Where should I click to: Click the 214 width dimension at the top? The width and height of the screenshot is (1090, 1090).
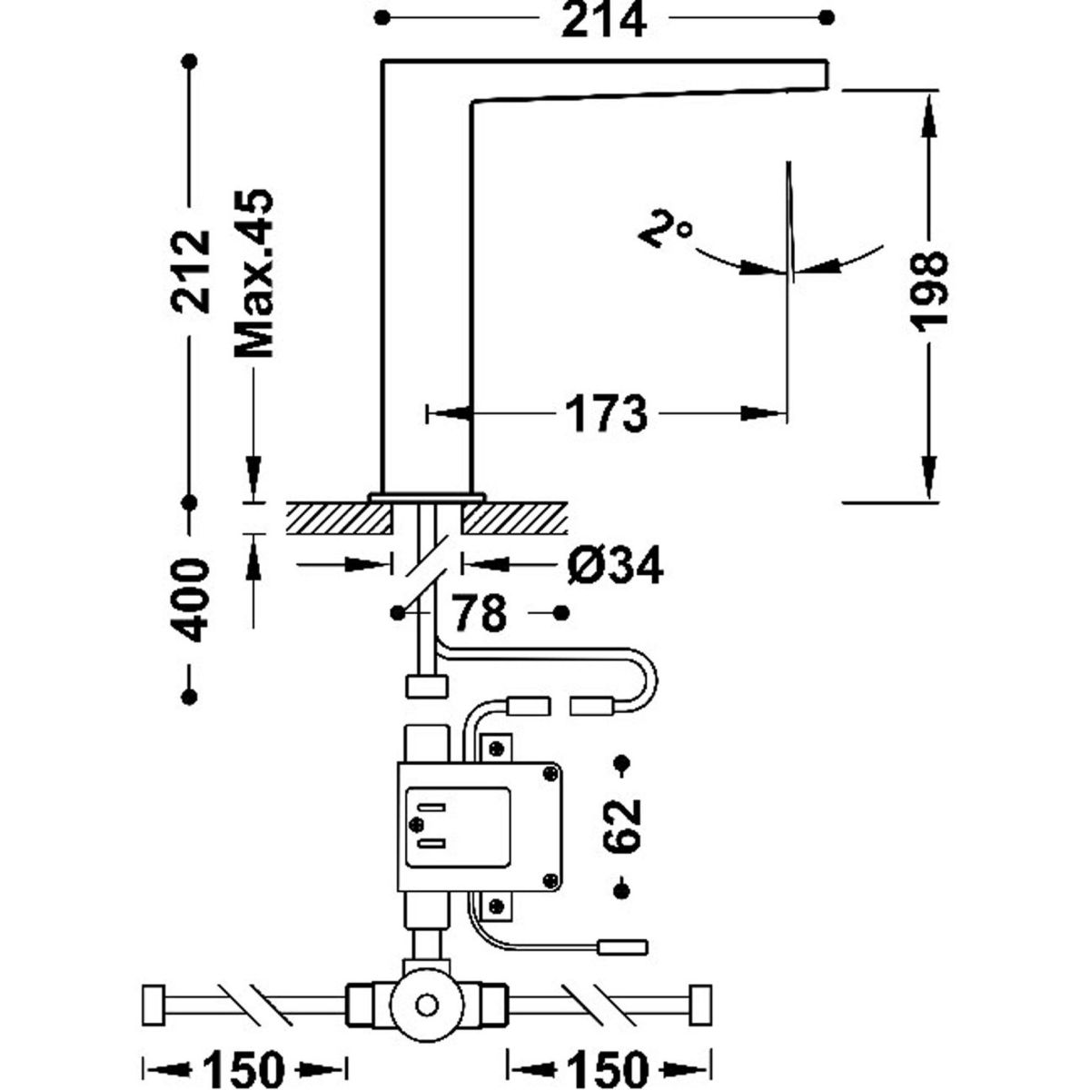603,20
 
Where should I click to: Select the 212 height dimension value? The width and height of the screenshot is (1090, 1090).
191,271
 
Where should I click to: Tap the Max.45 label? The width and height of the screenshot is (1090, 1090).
253,273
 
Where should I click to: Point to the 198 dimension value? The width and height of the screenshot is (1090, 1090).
928,290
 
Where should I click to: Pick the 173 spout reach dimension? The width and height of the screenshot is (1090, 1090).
607,415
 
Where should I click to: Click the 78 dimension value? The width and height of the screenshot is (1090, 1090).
479,614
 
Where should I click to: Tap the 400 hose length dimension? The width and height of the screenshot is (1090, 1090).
191,600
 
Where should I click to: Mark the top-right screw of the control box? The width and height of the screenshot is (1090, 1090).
550,772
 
